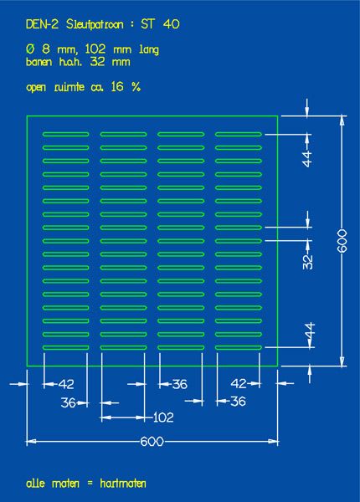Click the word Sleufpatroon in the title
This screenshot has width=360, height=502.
95,24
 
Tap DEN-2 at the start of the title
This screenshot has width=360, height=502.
42,24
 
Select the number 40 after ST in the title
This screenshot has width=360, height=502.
171,24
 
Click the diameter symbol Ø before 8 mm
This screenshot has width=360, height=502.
30,49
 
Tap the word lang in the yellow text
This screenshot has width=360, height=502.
149,50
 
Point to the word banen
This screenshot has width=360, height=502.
39,61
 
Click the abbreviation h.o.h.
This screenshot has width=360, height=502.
71,61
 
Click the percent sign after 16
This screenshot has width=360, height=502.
136,86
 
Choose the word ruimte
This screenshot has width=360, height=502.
69,87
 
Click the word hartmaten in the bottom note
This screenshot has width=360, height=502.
123,483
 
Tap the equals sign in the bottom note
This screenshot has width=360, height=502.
90,484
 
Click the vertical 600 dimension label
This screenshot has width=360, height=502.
342,241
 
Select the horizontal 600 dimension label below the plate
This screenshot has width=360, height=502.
152,442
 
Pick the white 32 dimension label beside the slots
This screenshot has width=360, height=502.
308,262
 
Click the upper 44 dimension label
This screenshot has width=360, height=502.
307,159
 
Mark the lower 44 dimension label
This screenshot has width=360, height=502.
310,330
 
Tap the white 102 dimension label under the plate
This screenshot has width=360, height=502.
163,417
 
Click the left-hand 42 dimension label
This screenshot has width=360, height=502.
66,384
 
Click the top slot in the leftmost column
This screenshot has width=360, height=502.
65,135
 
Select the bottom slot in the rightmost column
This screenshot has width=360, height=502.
239,347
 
